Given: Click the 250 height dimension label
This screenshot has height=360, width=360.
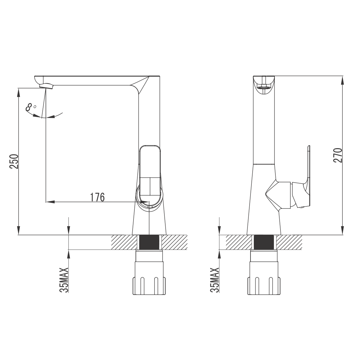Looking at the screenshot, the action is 14,161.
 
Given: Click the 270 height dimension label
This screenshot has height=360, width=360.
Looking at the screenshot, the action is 338,155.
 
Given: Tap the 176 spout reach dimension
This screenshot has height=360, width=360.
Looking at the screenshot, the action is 97,197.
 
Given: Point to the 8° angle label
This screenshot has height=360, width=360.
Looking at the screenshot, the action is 31,107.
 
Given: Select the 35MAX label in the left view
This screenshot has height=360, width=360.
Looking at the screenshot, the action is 64,280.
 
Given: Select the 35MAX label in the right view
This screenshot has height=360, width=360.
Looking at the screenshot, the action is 214,280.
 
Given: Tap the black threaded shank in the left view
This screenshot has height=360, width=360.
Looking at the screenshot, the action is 149,242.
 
